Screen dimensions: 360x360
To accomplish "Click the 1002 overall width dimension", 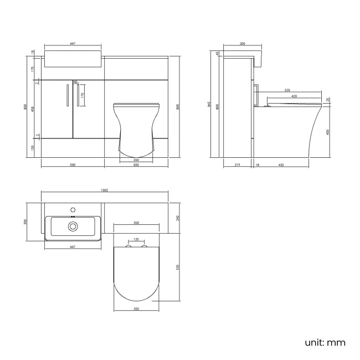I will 104,190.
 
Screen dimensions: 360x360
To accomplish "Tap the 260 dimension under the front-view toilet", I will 136,160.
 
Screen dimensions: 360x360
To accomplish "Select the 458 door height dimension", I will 33,109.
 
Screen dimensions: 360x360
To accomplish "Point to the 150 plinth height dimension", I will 33,148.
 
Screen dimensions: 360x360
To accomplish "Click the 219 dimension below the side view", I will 236,164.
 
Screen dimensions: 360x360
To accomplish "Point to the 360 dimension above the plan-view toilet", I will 136,223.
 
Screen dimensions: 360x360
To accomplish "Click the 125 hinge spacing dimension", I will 136,240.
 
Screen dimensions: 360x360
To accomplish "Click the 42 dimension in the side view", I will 218,54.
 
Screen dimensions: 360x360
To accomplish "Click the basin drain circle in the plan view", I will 72,226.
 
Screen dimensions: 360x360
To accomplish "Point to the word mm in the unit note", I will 336,342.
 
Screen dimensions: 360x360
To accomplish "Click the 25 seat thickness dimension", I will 328,100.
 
